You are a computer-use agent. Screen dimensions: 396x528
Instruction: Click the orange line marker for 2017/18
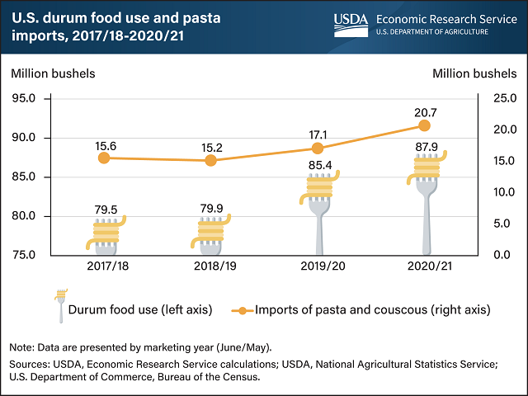click(104, 158)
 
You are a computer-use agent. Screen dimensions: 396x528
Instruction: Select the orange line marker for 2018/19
click(210, 160)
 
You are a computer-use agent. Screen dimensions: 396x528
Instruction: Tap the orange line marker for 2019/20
click(318, 148)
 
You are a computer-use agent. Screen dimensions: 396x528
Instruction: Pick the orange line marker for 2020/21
click(424, 125)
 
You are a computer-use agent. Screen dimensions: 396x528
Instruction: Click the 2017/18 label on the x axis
click(105, 266)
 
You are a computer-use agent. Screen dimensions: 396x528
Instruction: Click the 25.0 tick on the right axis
click(493, 99)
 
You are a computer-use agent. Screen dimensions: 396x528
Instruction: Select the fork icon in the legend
click(59, 305)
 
